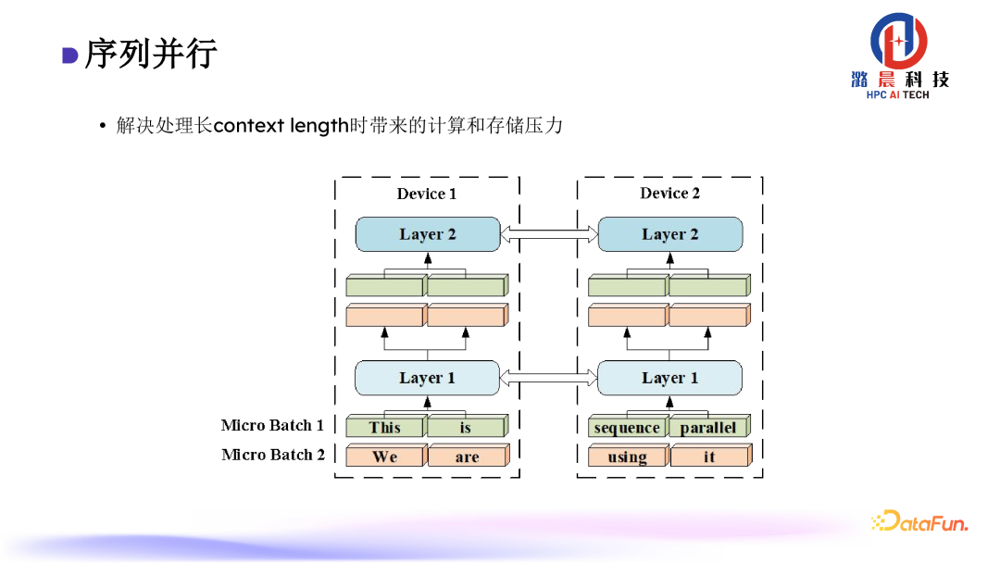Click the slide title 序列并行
[x=151, y=54]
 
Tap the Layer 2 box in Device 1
[x=428, y=234]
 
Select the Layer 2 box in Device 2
[x=670, y=234]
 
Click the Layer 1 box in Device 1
[x=428, y=378]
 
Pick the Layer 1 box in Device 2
[x=670, y=378]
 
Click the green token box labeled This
[x=385, y=427]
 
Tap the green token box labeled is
[x=466, y=427]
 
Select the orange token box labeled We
[x=385, y=457]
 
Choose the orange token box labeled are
[x=467, y=457]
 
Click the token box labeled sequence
[x=627, y=428]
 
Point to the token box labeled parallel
[x=708, y=428]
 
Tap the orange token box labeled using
[x=627, y=457]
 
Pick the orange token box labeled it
[x=709, y=457]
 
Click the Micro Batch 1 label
[x=272, y=425]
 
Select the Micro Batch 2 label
[x=273, y=455]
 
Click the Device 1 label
[x=427, y=194]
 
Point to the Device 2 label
[x=670, y=194]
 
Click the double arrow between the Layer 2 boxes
[x=549, y=235]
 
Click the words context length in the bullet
[x=281, y=125]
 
